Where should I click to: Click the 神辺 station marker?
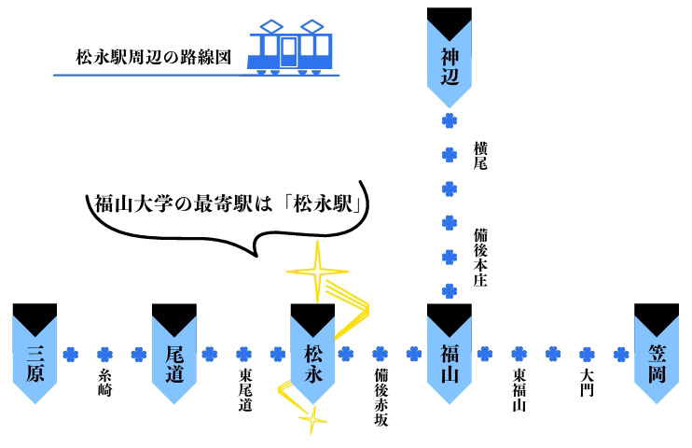pos(450,58)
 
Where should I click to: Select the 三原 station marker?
pos(35,354)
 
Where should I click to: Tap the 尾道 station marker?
pos(173,354)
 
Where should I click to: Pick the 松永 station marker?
pos(312,354)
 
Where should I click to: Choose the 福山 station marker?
pos(450,354)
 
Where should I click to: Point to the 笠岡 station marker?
pos(657,354)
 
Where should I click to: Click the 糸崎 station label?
pos(104,383)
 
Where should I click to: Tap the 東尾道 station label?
pos(245,390)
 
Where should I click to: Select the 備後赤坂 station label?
pos(381,398)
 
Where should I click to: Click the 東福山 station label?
pos(519,390)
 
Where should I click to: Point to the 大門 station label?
pos(587,383)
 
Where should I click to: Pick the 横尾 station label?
pos(480,156)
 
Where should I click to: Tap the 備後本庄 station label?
pos(480,258)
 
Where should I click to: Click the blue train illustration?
pos(289,47)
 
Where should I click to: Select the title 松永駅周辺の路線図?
pos(154,57)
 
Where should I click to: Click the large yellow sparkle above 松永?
pos(317,272)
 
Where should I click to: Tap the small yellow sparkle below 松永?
pos(312,420)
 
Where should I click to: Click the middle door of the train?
pos(288,52)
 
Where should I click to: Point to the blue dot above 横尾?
pos(450,120)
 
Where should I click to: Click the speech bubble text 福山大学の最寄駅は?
pos(183,204)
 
